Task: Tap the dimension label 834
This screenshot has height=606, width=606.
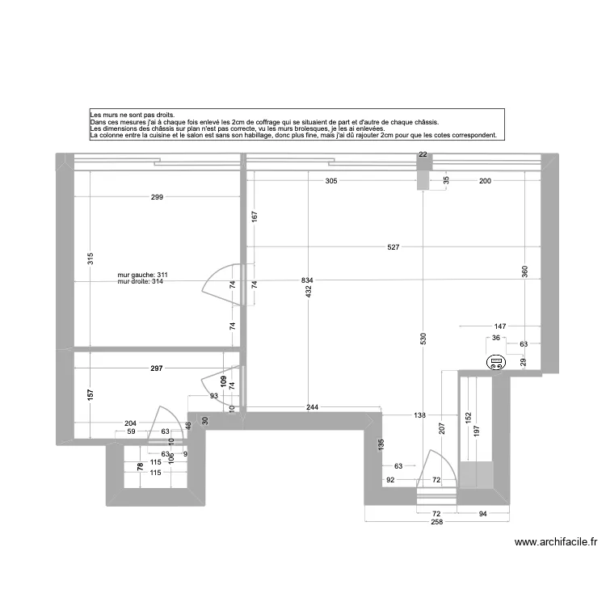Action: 307,280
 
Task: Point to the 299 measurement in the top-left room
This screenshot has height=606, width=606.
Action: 157,197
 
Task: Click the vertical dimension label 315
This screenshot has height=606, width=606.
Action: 90,259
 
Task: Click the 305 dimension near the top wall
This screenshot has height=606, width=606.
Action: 331,181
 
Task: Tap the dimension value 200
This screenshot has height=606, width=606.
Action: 485,181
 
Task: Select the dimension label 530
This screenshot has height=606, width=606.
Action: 423,340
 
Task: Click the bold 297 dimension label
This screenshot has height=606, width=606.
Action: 157,368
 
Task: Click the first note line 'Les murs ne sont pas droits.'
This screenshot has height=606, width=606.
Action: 133,116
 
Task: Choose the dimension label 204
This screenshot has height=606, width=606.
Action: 131,423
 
